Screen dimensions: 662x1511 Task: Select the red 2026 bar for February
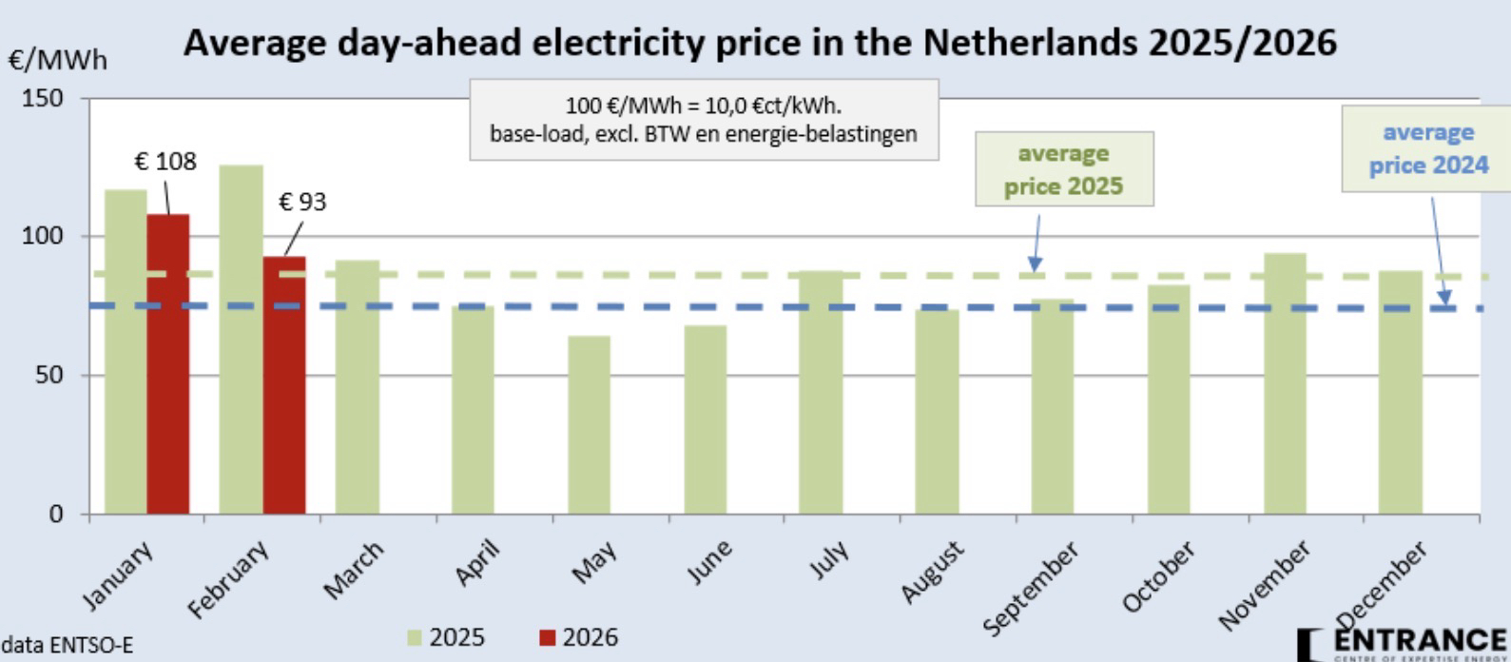tap(284, 385)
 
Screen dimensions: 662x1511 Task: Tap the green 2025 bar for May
tap(590, 424)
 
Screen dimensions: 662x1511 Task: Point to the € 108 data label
tap(165, 162)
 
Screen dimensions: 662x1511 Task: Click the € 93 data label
tap(302, 203)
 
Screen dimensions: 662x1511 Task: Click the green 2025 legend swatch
tap(415, 637)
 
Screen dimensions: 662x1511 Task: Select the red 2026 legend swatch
tap(548, 637)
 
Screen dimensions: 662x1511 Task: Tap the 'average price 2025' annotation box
tap(1063, 169)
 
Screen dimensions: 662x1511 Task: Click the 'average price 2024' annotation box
tap(1427, 149)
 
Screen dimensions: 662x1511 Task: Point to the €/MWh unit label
tap(58, 61)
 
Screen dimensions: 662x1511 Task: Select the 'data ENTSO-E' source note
tap(67, 646)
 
